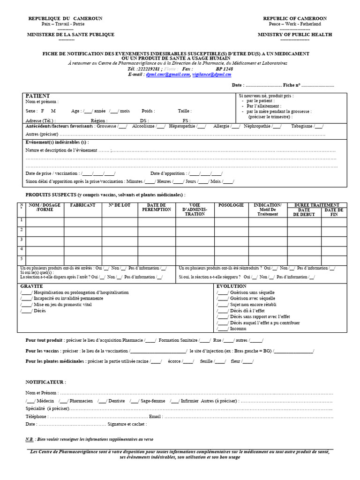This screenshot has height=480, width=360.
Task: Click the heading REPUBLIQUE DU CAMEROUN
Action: pos(65,18)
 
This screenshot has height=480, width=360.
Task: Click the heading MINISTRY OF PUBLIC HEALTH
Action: pos(295,34)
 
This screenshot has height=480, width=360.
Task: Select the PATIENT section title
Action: pos(37,96)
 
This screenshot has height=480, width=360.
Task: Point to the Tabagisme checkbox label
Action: pos(302,126)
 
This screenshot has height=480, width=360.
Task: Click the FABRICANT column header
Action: pos(82,205)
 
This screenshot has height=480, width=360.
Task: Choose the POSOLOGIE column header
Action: pos(231,205)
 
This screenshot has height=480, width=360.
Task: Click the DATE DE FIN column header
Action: pos(334,212)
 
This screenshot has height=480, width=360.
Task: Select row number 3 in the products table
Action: pos(21,239)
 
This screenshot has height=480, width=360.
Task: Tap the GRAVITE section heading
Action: pos(31,286)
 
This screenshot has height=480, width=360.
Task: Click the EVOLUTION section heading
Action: pos(231,286)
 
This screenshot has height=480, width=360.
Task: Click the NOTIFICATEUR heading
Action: pos(45,382)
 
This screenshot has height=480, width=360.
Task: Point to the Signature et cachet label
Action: pos(127,424)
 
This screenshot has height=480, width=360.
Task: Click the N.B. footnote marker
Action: pos(30,440)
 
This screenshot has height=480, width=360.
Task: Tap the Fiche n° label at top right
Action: pos(292,85)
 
